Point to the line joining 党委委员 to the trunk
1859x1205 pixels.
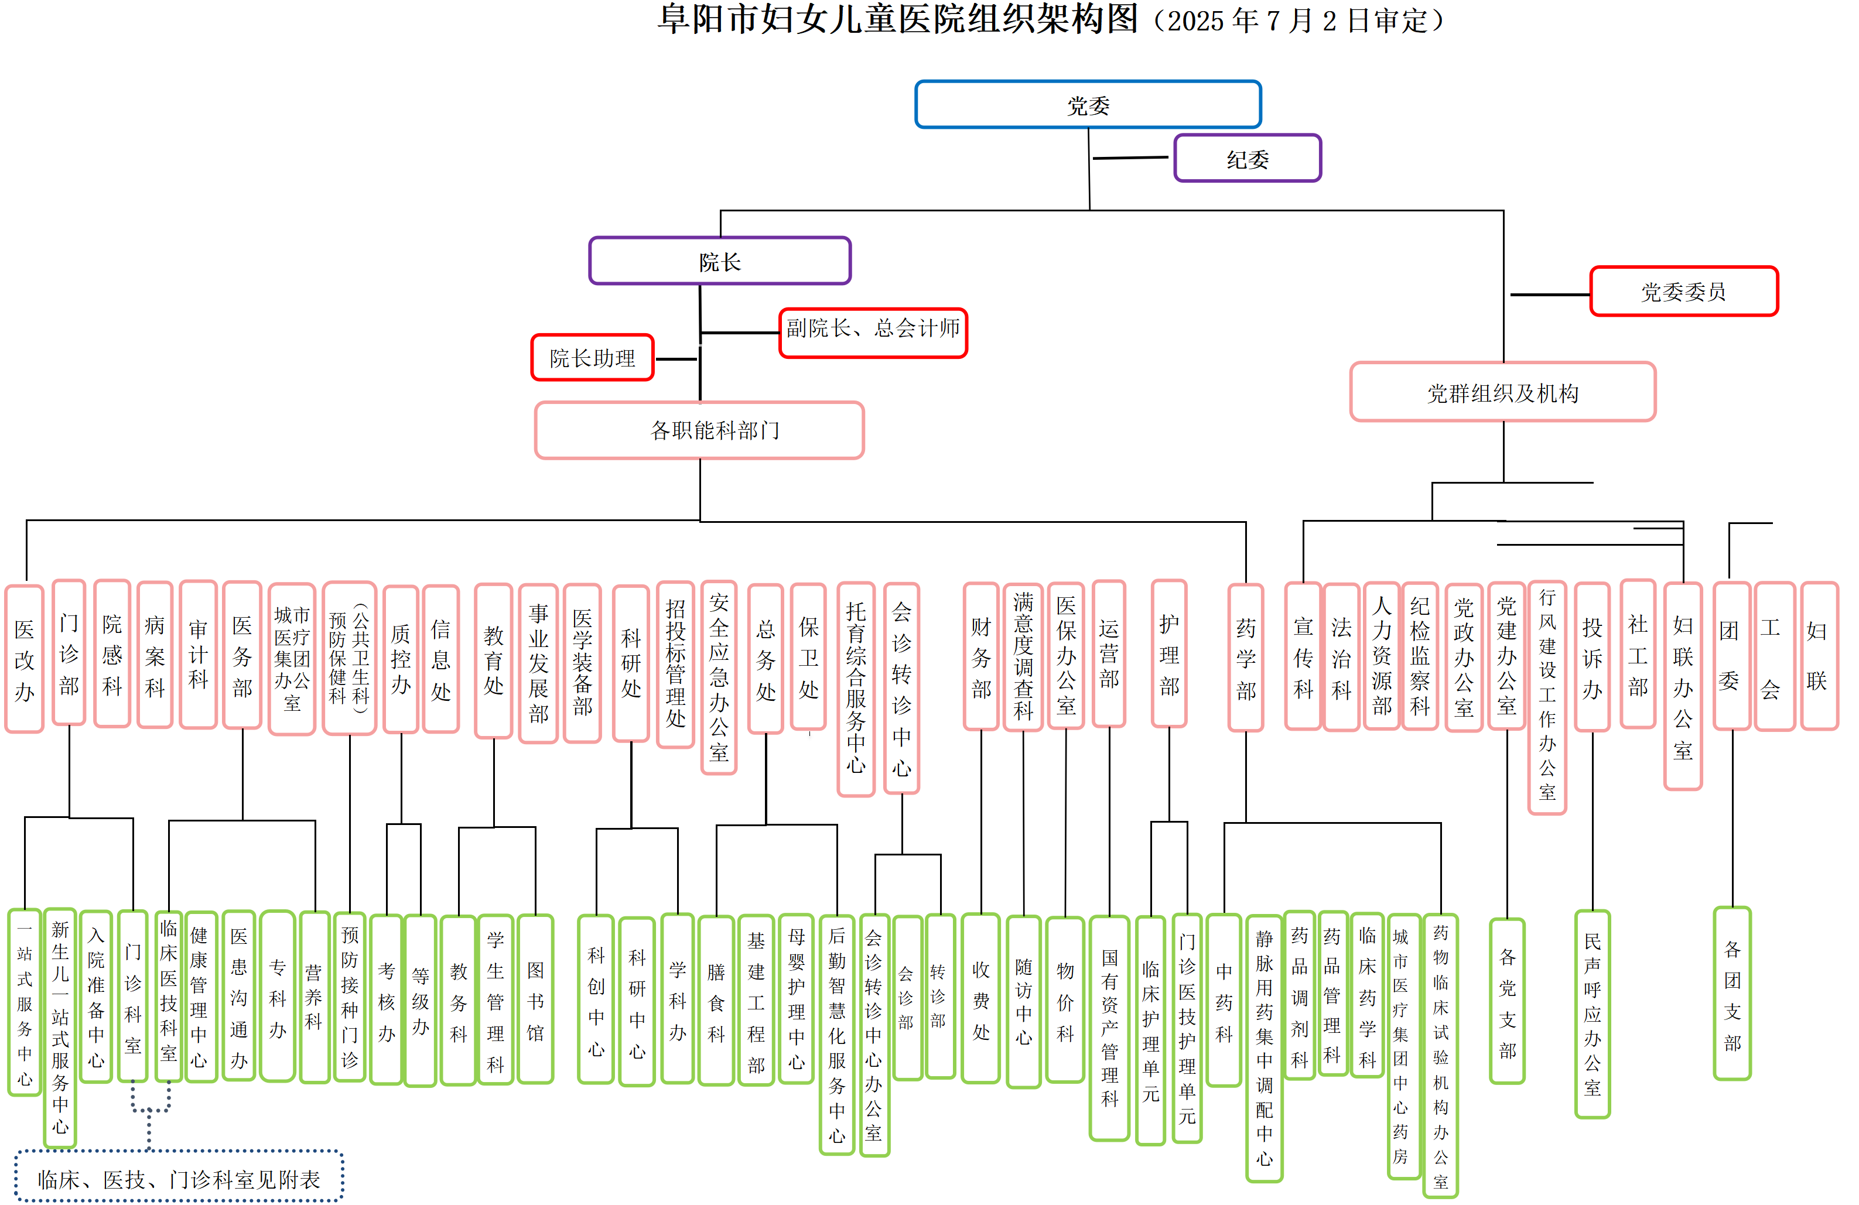point(1550,295)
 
